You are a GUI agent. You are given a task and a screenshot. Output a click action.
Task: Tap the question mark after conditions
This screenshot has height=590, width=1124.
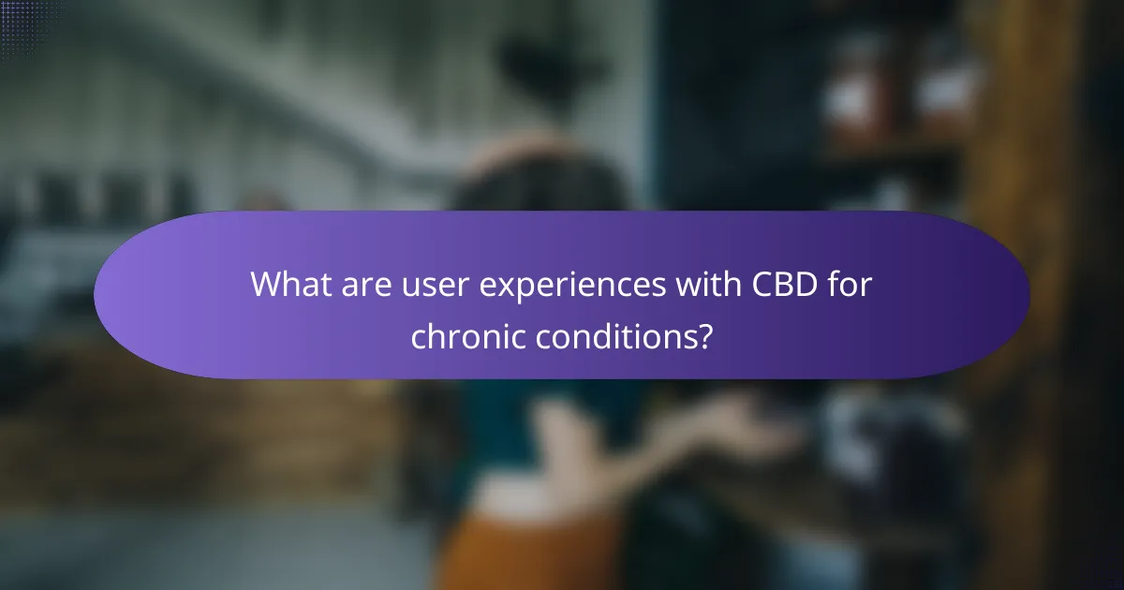point(702,334)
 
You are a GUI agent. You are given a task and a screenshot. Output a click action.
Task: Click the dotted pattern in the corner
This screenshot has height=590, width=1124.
point(28,23)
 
